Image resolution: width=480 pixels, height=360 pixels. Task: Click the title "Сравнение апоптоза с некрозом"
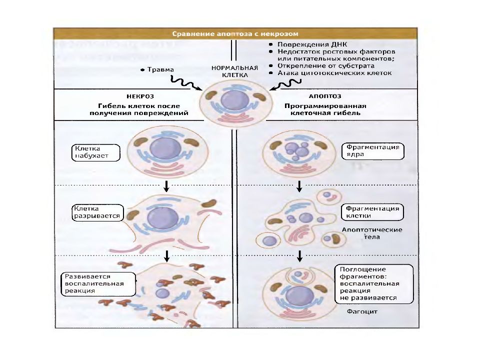235,33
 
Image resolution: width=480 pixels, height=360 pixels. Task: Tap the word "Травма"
160,69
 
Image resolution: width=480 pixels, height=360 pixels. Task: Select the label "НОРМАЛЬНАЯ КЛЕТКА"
235,71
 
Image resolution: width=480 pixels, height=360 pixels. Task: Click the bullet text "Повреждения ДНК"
312,44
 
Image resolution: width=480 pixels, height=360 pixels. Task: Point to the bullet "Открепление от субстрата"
325,66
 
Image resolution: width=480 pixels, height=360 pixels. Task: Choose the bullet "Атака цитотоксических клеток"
334,73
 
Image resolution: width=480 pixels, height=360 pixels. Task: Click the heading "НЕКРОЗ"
140,96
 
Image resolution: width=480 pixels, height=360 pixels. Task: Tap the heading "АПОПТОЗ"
325,96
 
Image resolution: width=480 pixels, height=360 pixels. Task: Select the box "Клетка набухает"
95,152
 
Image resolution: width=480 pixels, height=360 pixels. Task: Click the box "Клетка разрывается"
97,212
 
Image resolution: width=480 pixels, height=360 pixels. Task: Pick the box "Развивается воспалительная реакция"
98,284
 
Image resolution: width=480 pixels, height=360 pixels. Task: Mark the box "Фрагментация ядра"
373,151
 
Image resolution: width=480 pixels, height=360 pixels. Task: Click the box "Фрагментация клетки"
372,212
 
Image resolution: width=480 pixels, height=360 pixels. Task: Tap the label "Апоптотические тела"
372,233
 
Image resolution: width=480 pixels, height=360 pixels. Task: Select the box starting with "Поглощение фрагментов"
374,284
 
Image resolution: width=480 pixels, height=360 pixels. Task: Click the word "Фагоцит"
362,311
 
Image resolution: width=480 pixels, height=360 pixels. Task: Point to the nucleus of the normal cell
235,100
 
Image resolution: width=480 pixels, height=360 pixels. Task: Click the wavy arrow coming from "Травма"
186,83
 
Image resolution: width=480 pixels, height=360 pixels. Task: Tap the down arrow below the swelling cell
166,186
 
